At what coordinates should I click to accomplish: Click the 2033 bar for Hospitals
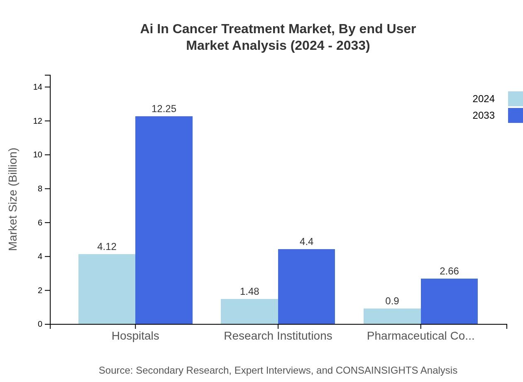pyautogui.click(x=164, y=220)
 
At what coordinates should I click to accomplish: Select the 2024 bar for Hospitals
pyautogui.click(x=107, y=289)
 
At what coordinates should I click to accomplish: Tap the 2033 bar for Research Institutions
pyautogui.click(x=306, y=286)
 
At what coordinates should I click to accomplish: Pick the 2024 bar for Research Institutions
pyautogui.click(x=249, y=311)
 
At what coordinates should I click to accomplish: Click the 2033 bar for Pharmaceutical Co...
pyautogui.click(x=449, y=301)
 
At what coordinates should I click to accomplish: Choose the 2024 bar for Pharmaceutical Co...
pyautogui.click(x=392, y=316)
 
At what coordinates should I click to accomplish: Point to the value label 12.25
pyautogui.click(x=164, y=109)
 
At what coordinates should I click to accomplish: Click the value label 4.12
pyautogui.click(x=107, y=247)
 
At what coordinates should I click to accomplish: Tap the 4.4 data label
pyautogui.click(x=306, y=242)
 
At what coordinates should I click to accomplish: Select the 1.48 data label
pyautogui.click(x=249, y=291)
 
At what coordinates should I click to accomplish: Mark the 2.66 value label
pyautogui.click(x=449, y=271)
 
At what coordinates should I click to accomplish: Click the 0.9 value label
pyautogui.click(x=392, y=301)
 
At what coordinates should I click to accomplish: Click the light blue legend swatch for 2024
pyautogui.click(x=515, y=99)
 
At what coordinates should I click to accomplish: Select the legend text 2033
pyautogui.click(x=484, y=115)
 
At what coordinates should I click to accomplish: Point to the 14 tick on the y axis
pyautogui.click(x=38, y=87)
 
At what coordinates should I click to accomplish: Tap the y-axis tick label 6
pyautogui.click(x=40, y=223)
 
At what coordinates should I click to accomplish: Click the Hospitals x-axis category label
pyautogui.click(x=135, y=335)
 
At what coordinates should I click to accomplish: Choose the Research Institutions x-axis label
pyautogui.click(x=278, y=335)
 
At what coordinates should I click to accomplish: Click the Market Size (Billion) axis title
pyautogui.click(x=13, y=199)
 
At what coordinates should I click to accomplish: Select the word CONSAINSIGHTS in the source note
pyautogui.click(x=376, y=370)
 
